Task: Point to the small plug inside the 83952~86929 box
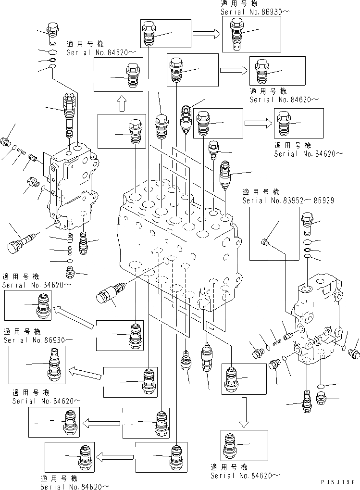point(264,241)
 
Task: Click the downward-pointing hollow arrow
point(245,412)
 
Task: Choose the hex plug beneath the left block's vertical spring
point(70,272)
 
